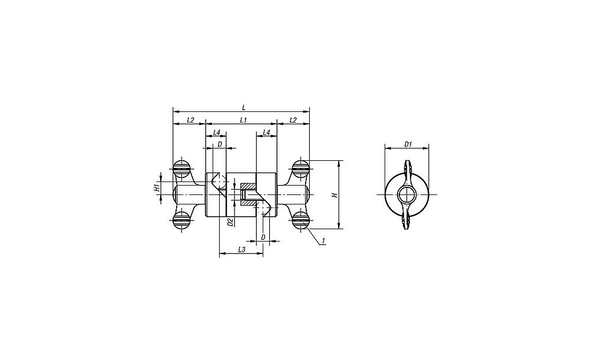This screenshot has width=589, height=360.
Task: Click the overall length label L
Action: tap(244, 107)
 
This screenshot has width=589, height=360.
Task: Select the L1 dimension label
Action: tap(243, 120)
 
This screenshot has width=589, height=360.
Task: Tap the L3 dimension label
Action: tap(241, 249)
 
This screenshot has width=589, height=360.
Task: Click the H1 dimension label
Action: tap(157, 188)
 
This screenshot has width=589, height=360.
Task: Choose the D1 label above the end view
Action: tap(408, 144)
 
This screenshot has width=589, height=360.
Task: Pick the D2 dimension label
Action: tap(231, 222)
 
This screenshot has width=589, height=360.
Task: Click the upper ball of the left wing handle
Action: tap(182, 169)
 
